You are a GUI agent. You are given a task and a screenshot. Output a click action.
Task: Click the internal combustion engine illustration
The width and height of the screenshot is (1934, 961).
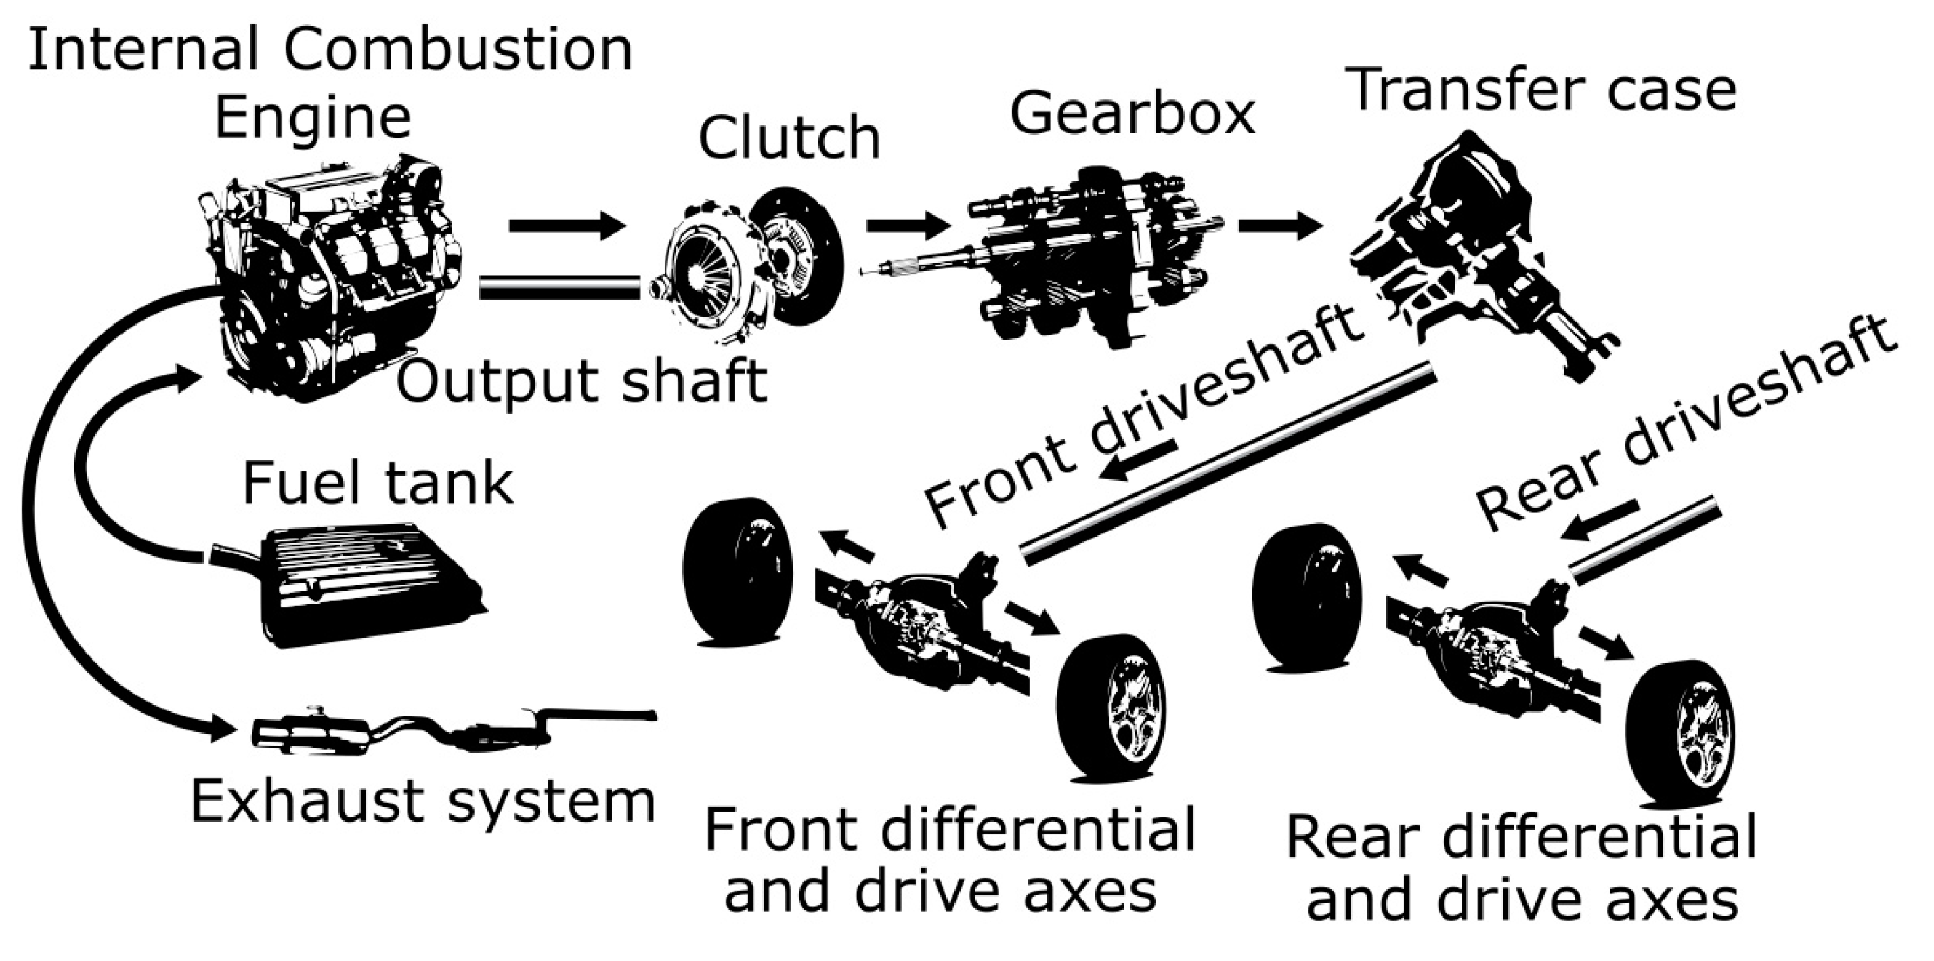330,277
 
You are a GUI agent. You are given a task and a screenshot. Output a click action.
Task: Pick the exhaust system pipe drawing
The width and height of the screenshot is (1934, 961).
450,732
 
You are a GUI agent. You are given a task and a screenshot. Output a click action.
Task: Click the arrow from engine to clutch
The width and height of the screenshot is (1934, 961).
567,225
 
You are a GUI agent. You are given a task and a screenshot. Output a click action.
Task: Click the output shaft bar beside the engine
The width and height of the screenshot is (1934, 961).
559,288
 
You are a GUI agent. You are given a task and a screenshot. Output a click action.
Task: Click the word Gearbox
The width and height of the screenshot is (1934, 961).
1131,114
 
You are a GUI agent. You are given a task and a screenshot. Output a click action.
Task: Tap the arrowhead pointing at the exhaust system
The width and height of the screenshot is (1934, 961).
222,728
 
